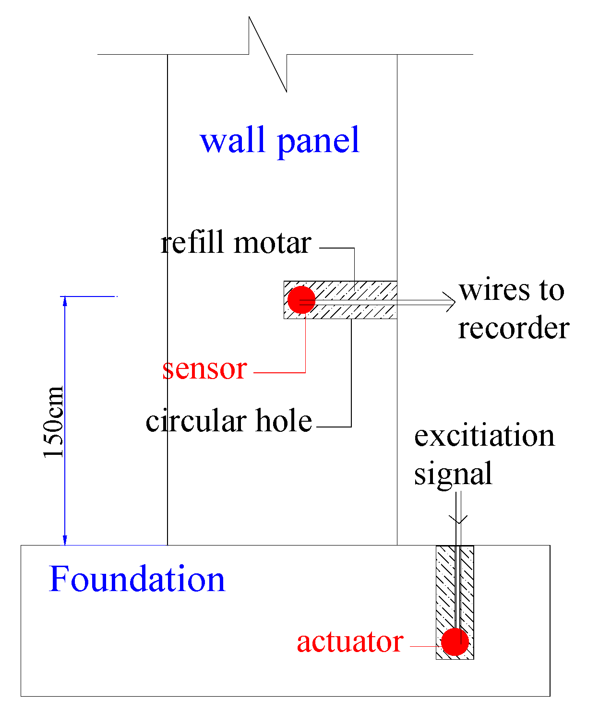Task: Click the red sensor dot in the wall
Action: click(x=301, y=300)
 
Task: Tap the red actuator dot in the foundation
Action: click(x=455, y=642)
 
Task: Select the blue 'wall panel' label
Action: click(x=280, y=140)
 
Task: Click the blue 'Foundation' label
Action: click(x=137, y=579)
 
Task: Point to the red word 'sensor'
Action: click(x=204, y=368)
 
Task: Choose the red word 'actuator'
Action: click(x=350, y=642)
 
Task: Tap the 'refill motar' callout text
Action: click(x=236, y=243)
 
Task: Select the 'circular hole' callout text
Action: click(x=229, y=421)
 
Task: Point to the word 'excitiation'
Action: click(x=484, y=436)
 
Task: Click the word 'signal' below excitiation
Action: click(x=453, y=474)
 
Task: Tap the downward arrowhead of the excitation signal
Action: click(x=458, y=520)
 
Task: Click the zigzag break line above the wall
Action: click(x=268, y=54)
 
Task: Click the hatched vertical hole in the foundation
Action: click(x=444, y=590)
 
